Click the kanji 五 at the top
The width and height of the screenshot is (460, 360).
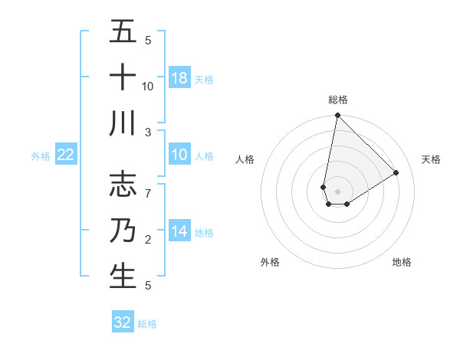pyautogui.click(x=123, y=31)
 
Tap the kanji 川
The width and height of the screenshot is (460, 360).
pyautogui.click(x=123, y=123)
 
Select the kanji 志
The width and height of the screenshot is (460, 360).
pyautogui.click(x=123, y=184)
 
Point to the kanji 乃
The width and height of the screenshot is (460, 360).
pyautogui.click(x=123, y=230)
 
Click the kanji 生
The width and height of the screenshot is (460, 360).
pyautogui.click(x=123, y=276)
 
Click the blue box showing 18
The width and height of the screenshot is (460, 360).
pyautogui.click(x=179, y=78)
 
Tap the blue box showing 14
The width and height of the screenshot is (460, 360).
pyautogui.click(x=179, y=231)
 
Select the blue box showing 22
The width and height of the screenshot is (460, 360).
pyautogui.click(x=66, y=155)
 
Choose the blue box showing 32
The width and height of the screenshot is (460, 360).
pyautogui.click(x=123, y=322)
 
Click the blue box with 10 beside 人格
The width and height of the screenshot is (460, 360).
pyautogui.click(x=179, y=155)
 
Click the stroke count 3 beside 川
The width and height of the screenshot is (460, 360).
pyautogui.click(x=148, y=132)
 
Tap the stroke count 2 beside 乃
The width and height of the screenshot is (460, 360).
pyautogui.click(x=148, y=240)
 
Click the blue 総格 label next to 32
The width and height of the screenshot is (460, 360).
pyautogui.click(x=147, y=324)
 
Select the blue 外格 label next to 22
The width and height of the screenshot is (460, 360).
pyautogui.click(x=41, y=155)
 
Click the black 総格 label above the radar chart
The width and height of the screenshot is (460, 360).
pyautogui.click(x=337, y=100)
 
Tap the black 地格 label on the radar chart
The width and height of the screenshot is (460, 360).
pyautogui.click(x=402, y=262)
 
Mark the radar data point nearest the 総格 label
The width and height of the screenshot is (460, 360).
pyautogui.click(x=337, y=116)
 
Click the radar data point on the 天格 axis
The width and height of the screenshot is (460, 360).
pyautogui.click(x=396, y=173)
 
